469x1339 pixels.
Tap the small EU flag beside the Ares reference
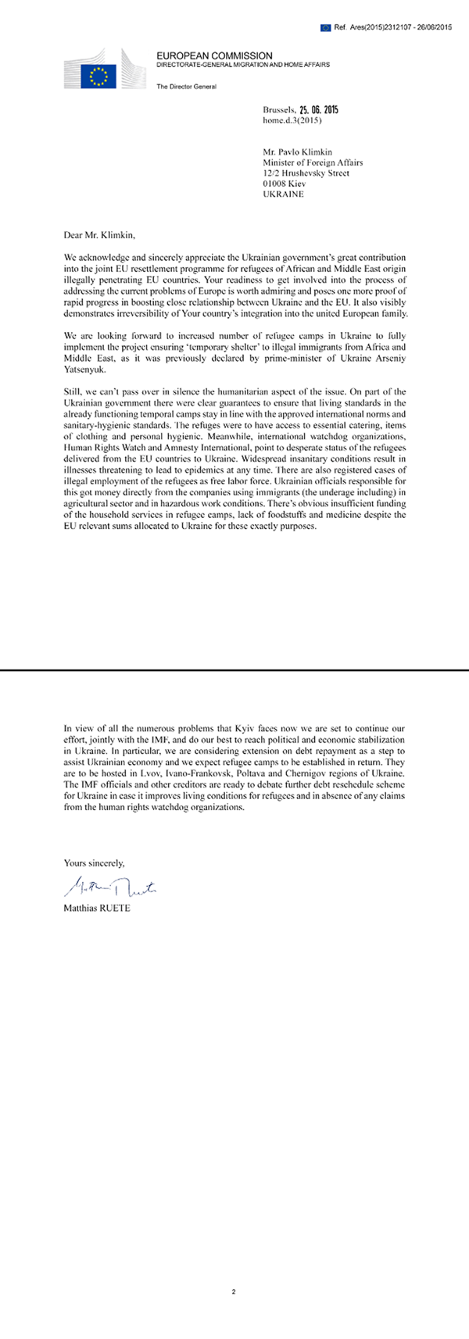(325, 27)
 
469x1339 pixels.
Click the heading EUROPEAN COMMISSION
(214, 56)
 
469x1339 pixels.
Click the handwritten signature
(114, 885)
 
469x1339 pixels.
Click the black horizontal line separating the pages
(234, 669)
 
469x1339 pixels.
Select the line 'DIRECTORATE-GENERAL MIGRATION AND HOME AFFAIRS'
(242, 66)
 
